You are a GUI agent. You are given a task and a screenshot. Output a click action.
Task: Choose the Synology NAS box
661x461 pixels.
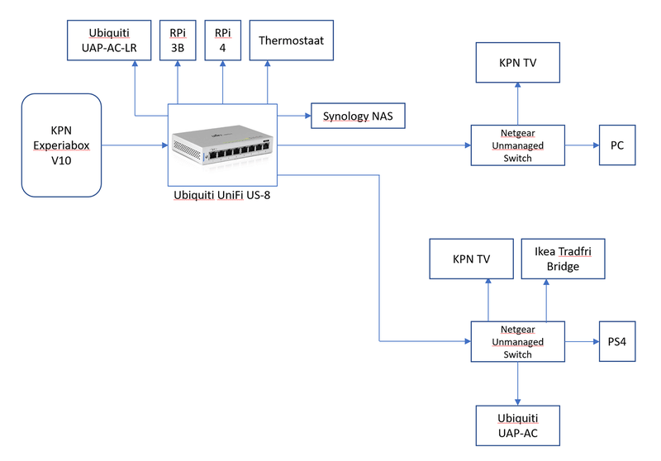[357, 116]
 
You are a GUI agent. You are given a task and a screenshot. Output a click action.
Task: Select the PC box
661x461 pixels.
[616, 145]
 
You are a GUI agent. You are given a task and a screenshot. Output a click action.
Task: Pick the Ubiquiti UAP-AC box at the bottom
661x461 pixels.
[517, 425]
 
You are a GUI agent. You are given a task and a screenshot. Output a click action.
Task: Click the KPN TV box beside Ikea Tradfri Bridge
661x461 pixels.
[471, 259]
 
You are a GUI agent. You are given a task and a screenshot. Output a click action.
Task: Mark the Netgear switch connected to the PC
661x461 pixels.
[517, 145]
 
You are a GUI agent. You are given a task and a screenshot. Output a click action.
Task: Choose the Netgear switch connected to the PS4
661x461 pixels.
[517, 341]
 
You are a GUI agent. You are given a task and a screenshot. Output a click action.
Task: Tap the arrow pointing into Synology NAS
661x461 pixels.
[294, 116]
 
